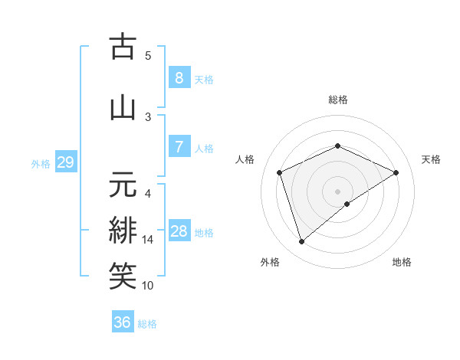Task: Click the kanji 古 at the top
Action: click(x=123, y=47)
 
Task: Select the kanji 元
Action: click(x=123, y=185)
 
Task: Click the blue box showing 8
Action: click(x=179, y=78)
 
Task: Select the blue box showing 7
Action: click(x=179, y=147)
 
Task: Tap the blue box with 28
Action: click(x=179, y=231)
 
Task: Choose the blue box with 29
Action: click(x=65, y=162)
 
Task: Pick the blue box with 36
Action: click(x=123, y=322)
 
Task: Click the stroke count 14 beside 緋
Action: click(x=148, y=240)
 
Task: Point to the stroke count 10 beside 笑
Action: click(x=148, y=286)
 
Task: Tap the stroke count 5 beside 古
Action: click(x=148, y=55)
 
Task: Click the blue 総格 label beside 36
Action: click(x=147, y=324)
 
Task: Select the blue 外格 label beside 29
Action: click(x=41, y=163)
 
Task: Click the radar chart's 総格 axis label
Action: click(x=337, y=100)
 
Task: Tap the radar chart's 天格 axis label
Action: click(x=431, y=159)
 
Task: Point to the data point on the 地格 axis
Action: click(x=347, y=204)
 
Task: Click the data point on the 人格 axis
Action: click(x=280, y=172)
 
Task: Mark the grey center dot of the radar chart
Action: click(x=337, y=191)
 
